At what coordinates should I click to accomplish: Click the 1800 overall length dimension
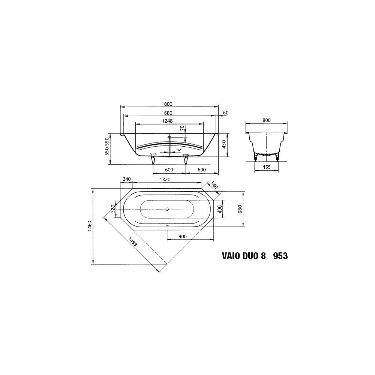coord(167,104)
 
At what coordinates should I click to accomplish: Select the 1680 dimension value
coord(167,113)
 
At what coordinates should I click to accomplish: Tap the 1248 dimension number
coord(167,121)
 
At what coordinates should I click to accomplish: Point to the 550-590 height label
coord(107,146)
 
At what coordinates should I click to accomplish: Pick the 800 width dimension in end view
coord(266,120)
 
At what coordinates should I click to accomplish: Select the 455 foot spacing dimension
coord(266,167)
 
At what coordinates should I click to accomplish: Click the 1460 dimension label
coord(90,226)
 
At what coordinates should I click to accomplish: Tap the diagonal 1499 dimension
coord(133,241)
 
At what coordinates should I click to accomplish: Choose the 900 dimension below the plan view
coord(183,237)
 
